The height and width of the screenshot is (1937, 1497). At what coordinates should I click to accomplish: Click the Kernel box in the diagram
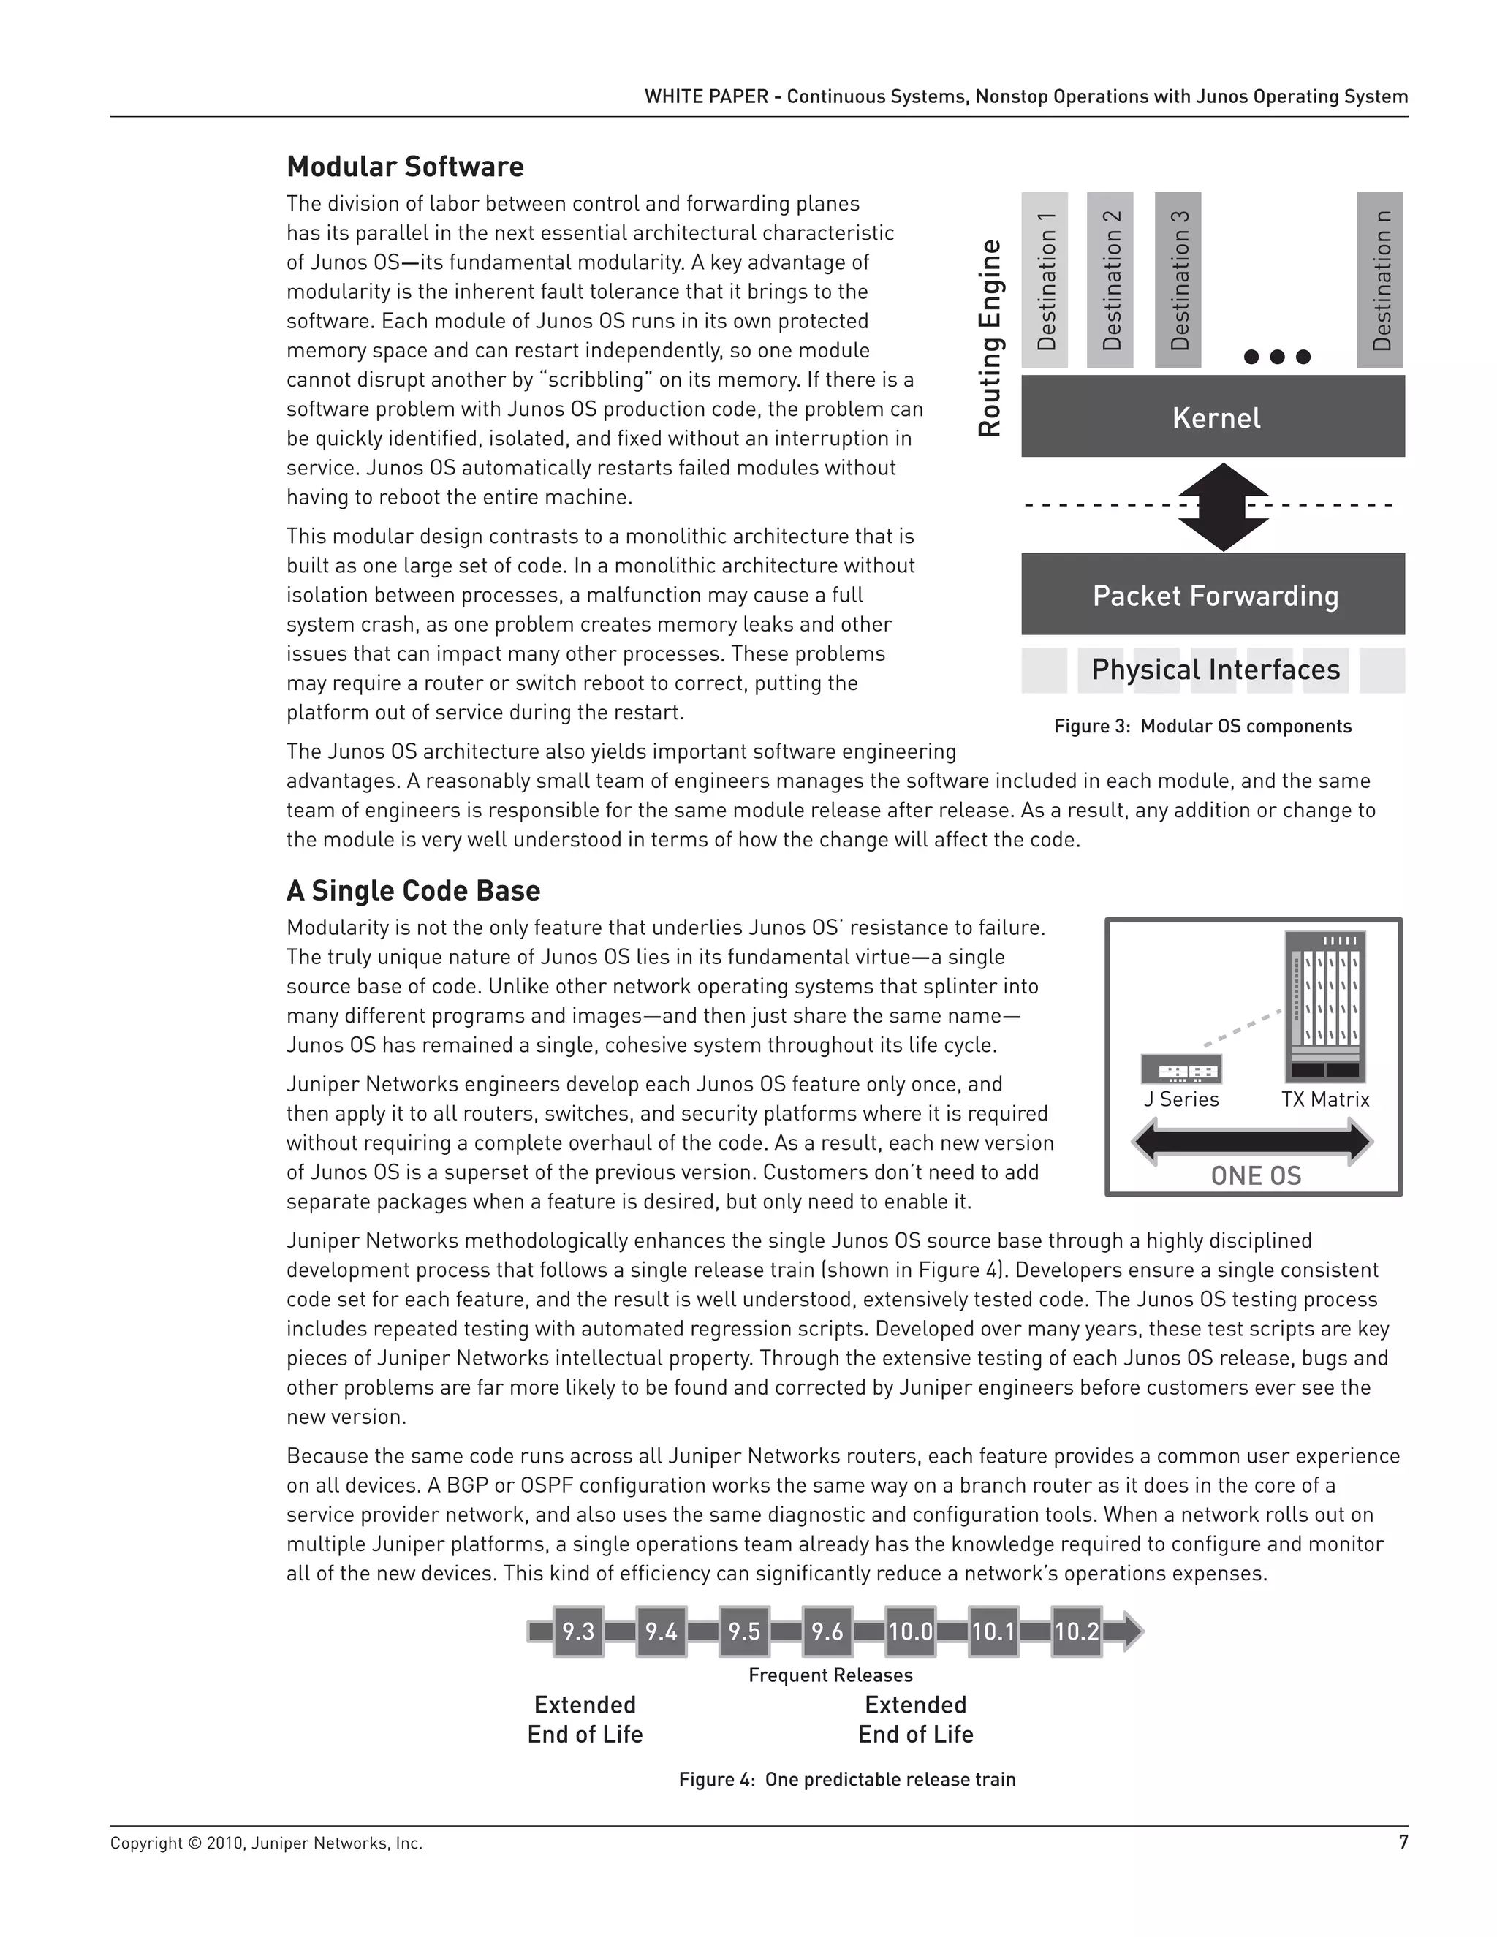tap(1213, 417)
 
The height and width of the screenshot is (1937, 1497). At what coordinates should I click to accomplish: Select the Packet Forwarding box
tap(1213, 595)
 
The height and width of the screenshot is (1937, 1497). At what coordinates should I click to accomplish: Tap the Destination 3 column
tap(1177, 279)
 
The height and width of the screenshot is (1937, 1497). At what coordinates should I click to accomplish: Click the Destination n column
tap(1380, 279)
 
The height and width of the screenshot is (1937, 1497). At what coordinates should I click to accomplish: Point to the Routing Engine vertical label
tap(990, 338)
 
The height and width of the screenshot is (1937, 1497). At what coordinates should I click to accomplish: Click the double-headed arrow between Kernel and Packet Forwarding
tap(1222, 507)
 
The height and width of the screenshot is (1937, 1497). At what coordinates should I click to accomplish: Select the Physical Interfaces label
tap(1215, 670)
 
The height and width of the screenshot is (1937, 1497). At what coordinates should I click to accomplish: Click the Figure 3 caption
tap(1202, 727)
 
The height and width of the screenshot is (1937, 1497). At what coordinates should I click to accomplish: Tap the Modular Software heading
tap(404, 167)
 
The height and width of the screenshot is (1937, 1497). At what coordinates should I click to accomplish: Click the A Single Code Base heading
tap(412, 890)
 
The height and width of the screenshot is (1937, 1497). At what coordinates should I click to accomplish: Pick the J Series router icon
tap(1180, 1069)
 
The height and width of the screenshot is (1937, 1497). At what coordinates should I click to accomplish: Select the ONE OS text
tap(1255, 1176)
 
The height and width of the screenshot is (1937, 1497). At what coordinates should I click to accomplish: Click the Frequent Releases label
tap(830, 1675)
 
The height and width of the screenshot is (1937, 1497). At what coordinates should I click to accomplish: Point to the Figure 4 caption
tap(847, 1779)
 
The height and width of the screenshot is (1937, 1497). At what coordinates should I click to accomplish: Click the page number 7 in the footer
tap(1403, 1842)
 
